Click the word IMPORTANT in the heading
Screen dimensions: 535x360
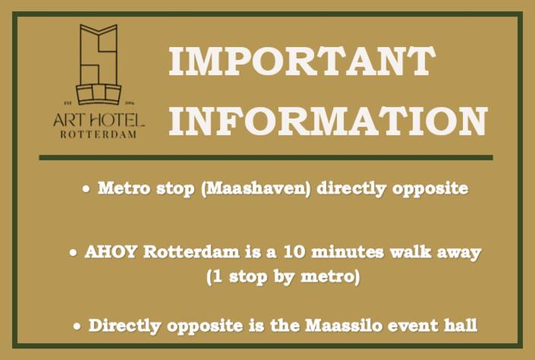pos(302,61)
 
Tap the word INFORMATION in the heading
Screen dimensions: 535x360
pos(329,122)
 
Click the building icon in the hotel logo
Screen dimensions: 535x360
pos(99,65)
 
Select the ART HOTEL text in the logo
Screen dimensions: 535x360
pos(99,121)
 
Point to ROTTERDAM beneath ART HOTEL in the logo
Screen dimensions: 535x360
pos(99,134)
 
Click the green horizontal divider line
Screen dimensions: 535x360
pos(266,157)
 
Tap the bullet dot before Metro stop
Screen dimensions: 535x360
pos(87,188)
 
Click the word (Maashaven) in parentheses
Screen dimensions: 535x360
pos(256,188)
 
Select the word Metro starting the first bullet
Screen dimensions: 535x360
pos(124,188)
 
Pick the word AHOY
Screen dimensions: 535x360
pos(112,252)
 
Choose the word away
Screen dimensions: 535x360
pos(459,254)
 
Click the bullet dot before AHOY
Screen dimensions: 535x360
pos(73,253)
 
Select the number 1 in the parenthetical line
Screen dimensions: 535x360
pos(217,276)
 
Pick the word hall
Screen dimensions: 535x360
pos(461,325)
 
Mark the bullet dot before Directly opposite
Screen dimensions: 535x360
pos(77,326)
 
